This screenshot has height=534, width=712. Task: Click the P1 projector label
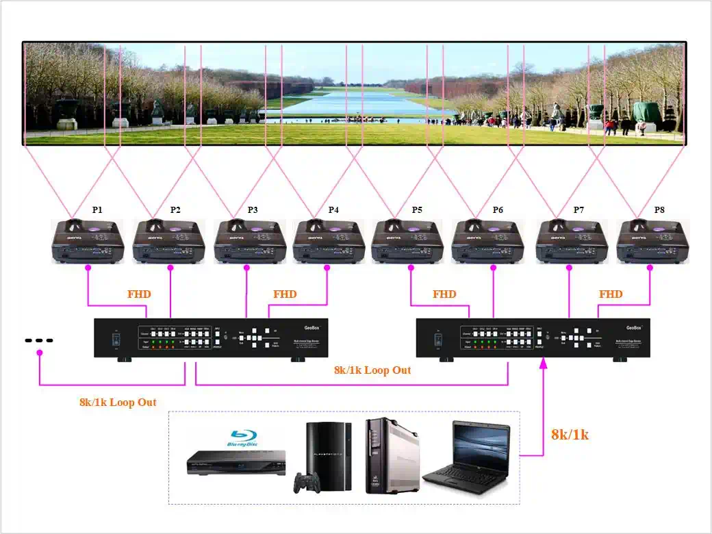point(97,210)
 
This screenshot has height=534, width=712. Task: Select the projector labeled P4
point(329,242)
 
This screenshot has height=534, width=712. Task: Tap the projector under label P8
point(652,242)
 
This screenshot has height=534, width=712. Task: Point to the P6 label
point(498,210)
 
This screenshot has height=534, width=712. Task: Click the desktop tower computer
point(391,455)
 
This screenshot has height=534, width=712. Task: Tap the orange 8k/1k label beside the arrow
point(570,434)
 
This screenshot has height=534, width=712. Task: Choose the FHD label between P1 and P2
point(139,294)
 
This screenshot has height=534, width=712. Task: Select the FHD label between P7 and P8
point(611,294)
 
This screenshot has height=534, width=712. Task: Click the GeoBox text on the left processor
point(312,328)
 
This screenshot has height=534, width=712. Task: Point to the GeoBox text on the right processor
point(634,328)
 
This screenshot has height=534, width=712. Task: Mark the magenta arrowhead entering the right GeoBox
point(544,363)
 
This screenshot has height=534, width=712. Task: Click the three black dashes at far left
point(39,340)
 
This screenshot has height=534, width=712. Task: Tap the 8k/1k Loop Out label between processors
point(372,370)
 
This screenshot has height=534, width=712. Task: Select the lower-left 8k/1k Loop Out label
point(118,403)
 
